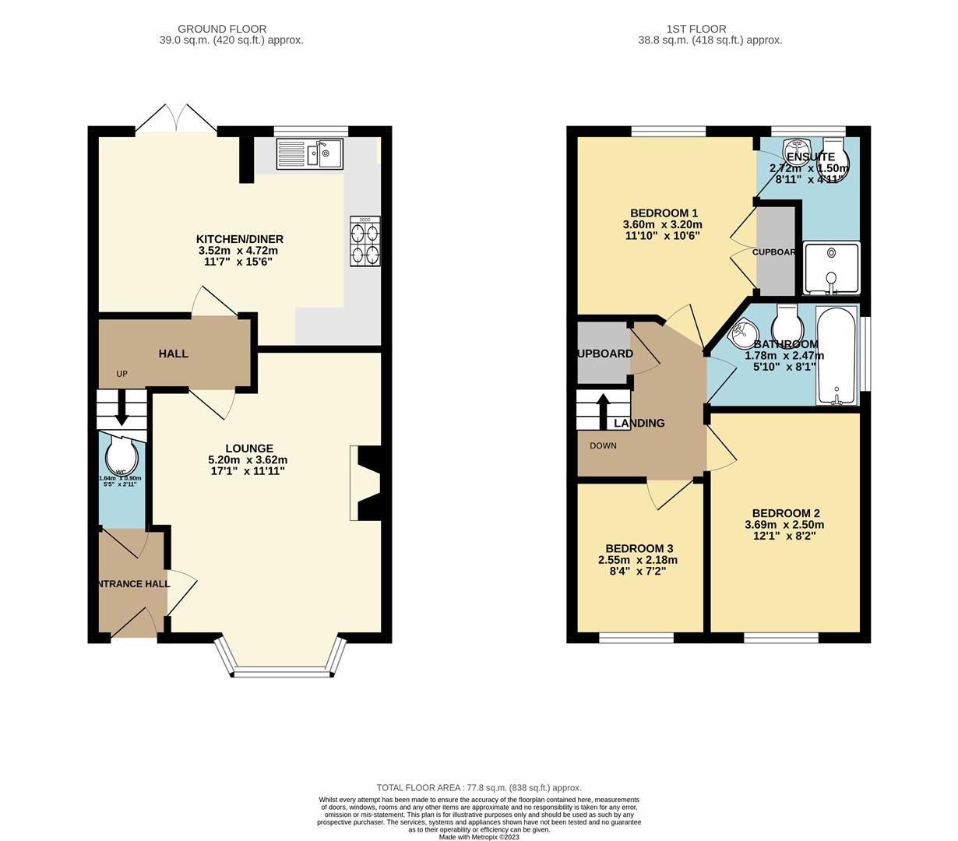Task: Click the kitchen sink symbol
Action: [x=309, y=154]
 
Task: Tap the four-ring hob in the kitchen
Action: [x=365, y=242]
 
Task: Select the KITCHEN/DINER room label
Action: [x=239, y=239]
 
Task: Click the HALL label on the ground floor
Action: [x=173, y=354]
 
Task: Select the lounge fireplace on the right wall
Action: [x=366, y=483]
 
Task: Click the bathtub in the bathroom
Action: [x=836, y=355]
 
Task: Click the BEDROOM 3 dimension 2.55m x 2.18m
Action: [x=637, y=560]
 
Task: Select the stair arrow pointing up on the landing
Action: [x=602, y=410]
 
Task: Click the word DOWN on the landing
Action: [x=603, y=446]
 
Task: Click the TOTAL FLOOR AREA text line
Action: [x=478, y=787]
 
